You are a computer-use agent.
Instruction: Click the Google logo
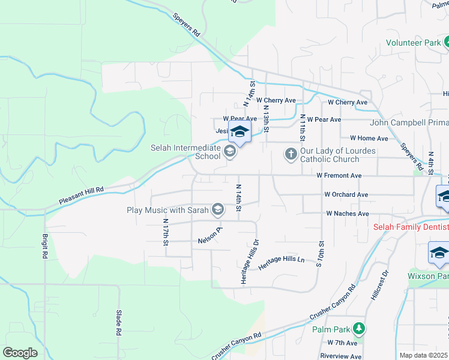[x=20, y=353]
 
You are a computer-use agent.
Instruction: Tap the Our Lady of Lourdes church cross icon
[x=291, y=154]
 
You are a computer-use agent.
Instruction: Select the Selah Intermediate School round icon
[x=229, y=154]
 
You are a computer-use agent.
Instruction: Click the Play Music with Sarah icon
[x=217, y=209]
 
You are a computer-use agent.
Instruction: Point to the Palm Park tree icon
[x=358, y=328]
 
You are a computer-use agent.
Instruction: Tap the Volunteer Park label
[x=412, y=43]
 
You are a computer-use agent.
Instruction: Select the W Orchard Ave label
[x=346, y=194]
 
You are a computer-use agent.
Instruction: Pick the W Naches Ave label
[x=347, y=214]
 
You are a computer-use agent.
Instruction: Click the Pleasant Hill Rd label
[x=81, y=196]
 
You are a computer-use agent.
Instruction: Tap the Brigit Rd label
[x=45, y=246]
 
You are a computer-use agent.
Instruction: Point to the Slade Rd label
[x=118, y=323]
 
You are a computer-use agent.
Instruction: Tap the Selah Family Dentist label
[x=410, y=227]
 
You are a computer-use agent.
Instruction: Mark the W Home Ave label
[x=370, y=138]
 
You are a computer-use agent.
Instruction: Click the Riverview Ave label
[x=340, y=356]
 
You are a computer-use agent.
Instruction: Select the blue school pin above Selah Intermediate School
[x=240, y=133]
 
